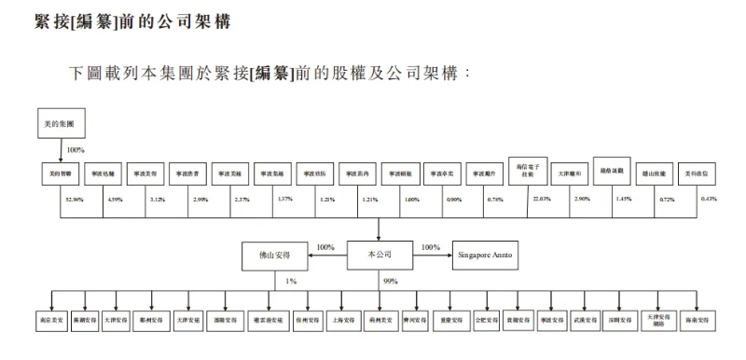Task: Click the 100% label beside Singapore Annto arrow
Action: click(430, 247)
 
